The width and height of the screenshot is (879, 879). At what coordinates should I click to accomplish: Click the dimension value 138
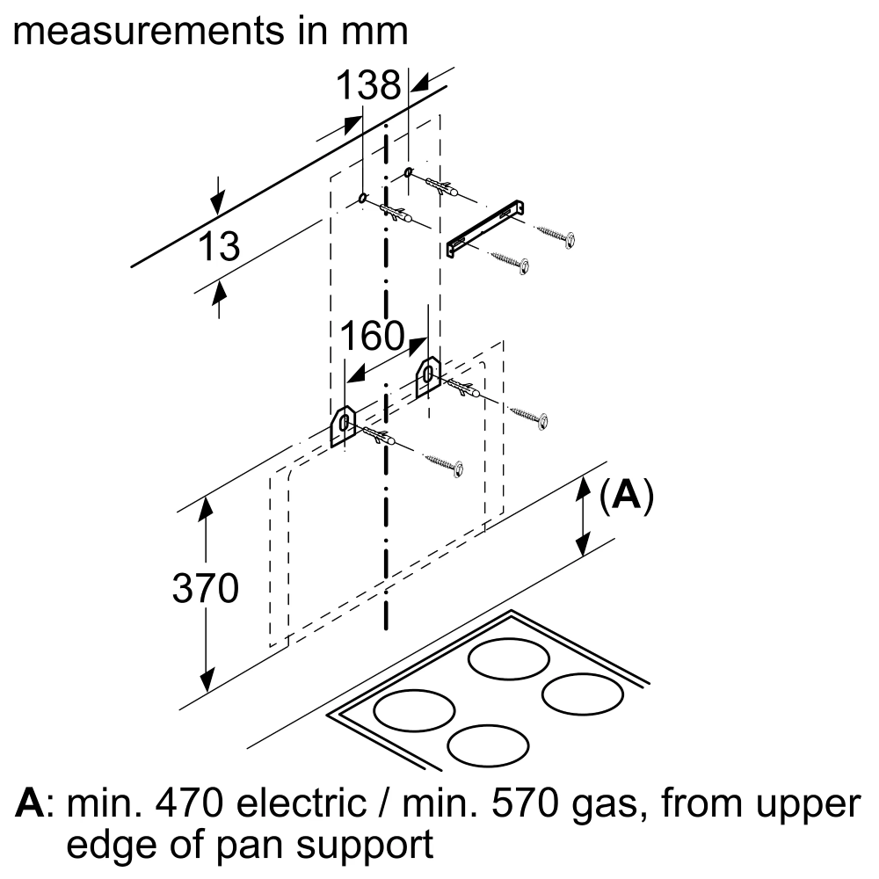[x=368, y=86]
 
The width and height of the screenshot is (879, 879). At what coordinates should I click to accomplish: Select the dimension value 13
[x=217, y=247]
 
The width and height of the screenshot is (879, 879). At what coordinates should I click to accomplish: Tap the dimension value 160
[x=372, y=337]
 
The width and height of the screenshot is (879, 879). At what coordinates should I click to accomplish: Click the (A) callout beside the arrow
[x=627, y=497]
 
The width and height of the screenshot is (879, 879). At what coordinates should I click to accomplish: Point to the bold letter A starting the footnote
[x=31, y=804]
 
